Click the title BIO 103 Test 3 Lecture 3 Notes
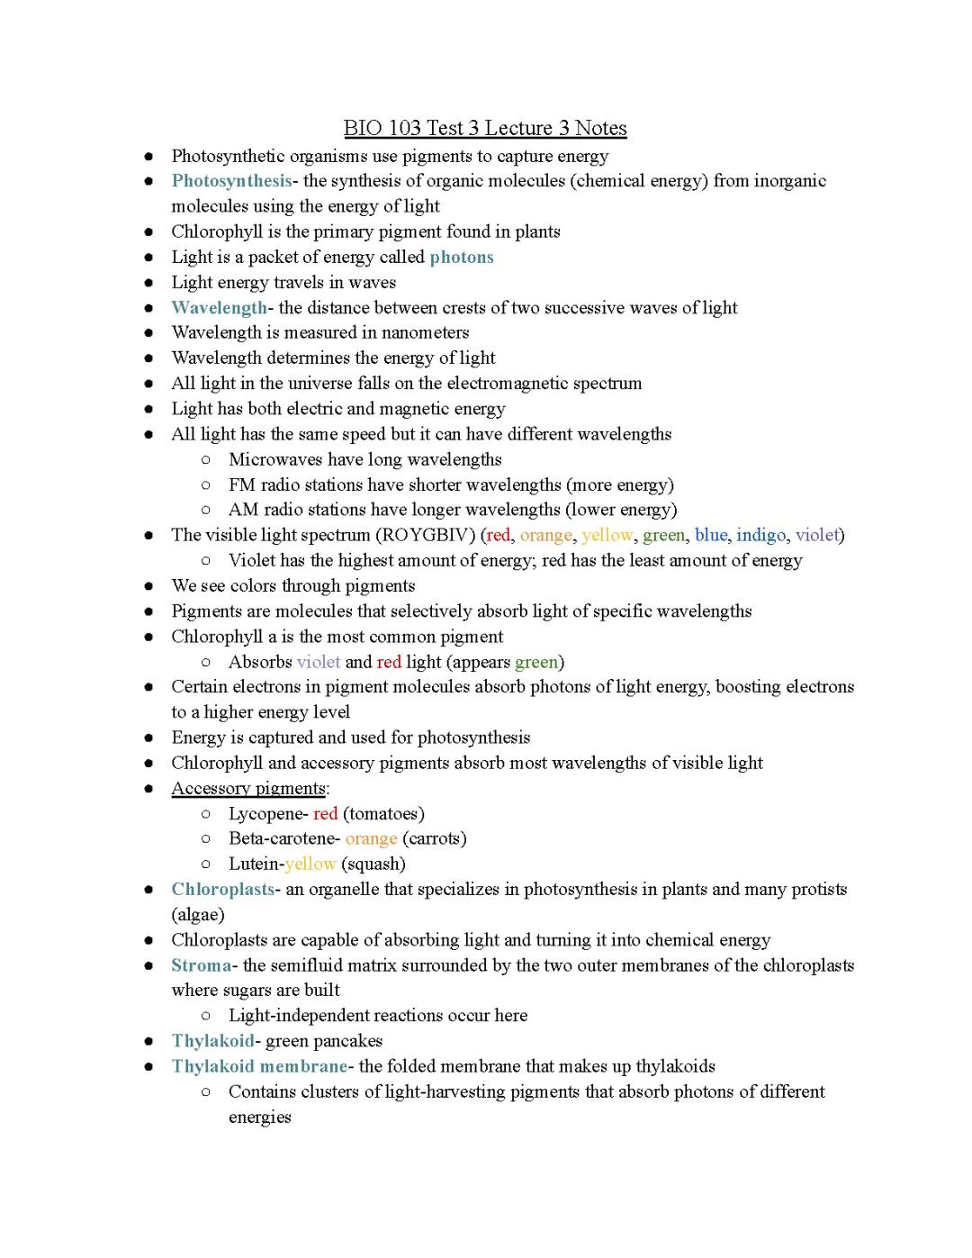pos(485,128)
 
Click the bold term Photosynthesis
pos(231,181)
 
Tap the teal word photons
pos(462,257)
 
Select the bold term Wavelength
pos(219,308)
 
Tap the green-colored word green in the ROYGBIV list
pos(663,535)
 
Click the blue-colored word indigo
pos(760,535)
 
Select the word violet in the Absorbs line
pos(318,662)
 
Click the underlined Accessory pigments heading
pos(248,789)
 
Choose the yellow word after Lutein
pos(310,864)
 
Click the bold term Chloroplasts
pos(222,890)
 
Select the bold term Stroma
pos(201,965)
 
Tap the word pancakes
pos(346,1041)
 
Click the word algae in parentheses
pos(198,915)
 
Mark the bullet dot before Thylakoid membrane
pos(148,1066)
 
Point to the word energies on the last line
pos(259,1118)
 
